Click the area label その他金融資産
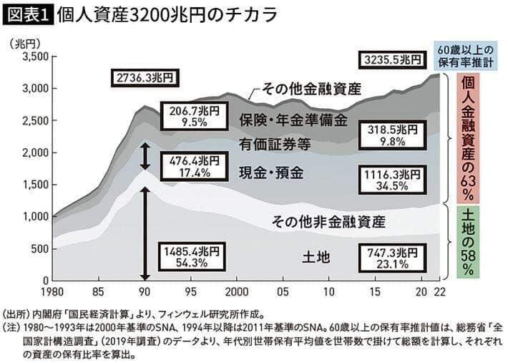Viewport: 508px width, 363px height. [312, 89]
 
